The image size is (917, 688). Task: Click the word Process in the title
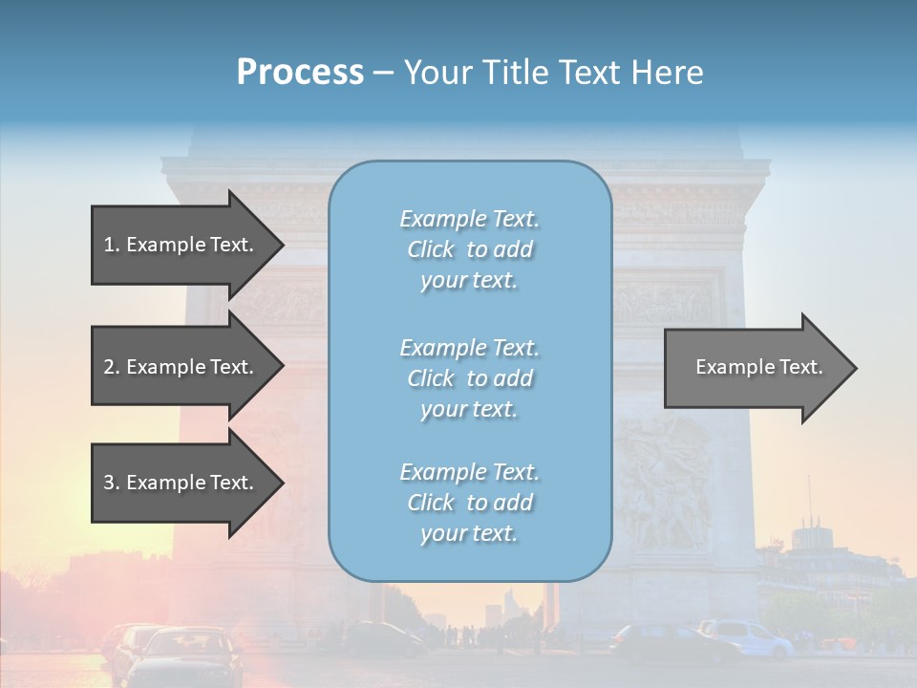click(x=300, y=73)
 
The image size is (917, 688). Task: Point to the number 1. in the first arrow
click(x=111, y=245)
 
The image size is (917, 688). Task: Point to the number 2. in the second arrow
click(x=111, y=367)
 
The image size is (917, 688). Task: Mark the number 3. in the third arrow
click(x=111, y=483)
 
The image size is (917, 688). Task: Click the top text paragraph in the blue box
click(x=469, y=249)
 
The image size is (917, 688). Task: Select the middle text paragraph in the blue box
click(x=469, y=378)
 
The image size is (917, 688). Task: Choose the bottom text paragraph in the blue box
click(x=469, y=503)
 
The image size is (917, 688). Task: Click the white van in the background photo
click(x=745, y=637)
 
